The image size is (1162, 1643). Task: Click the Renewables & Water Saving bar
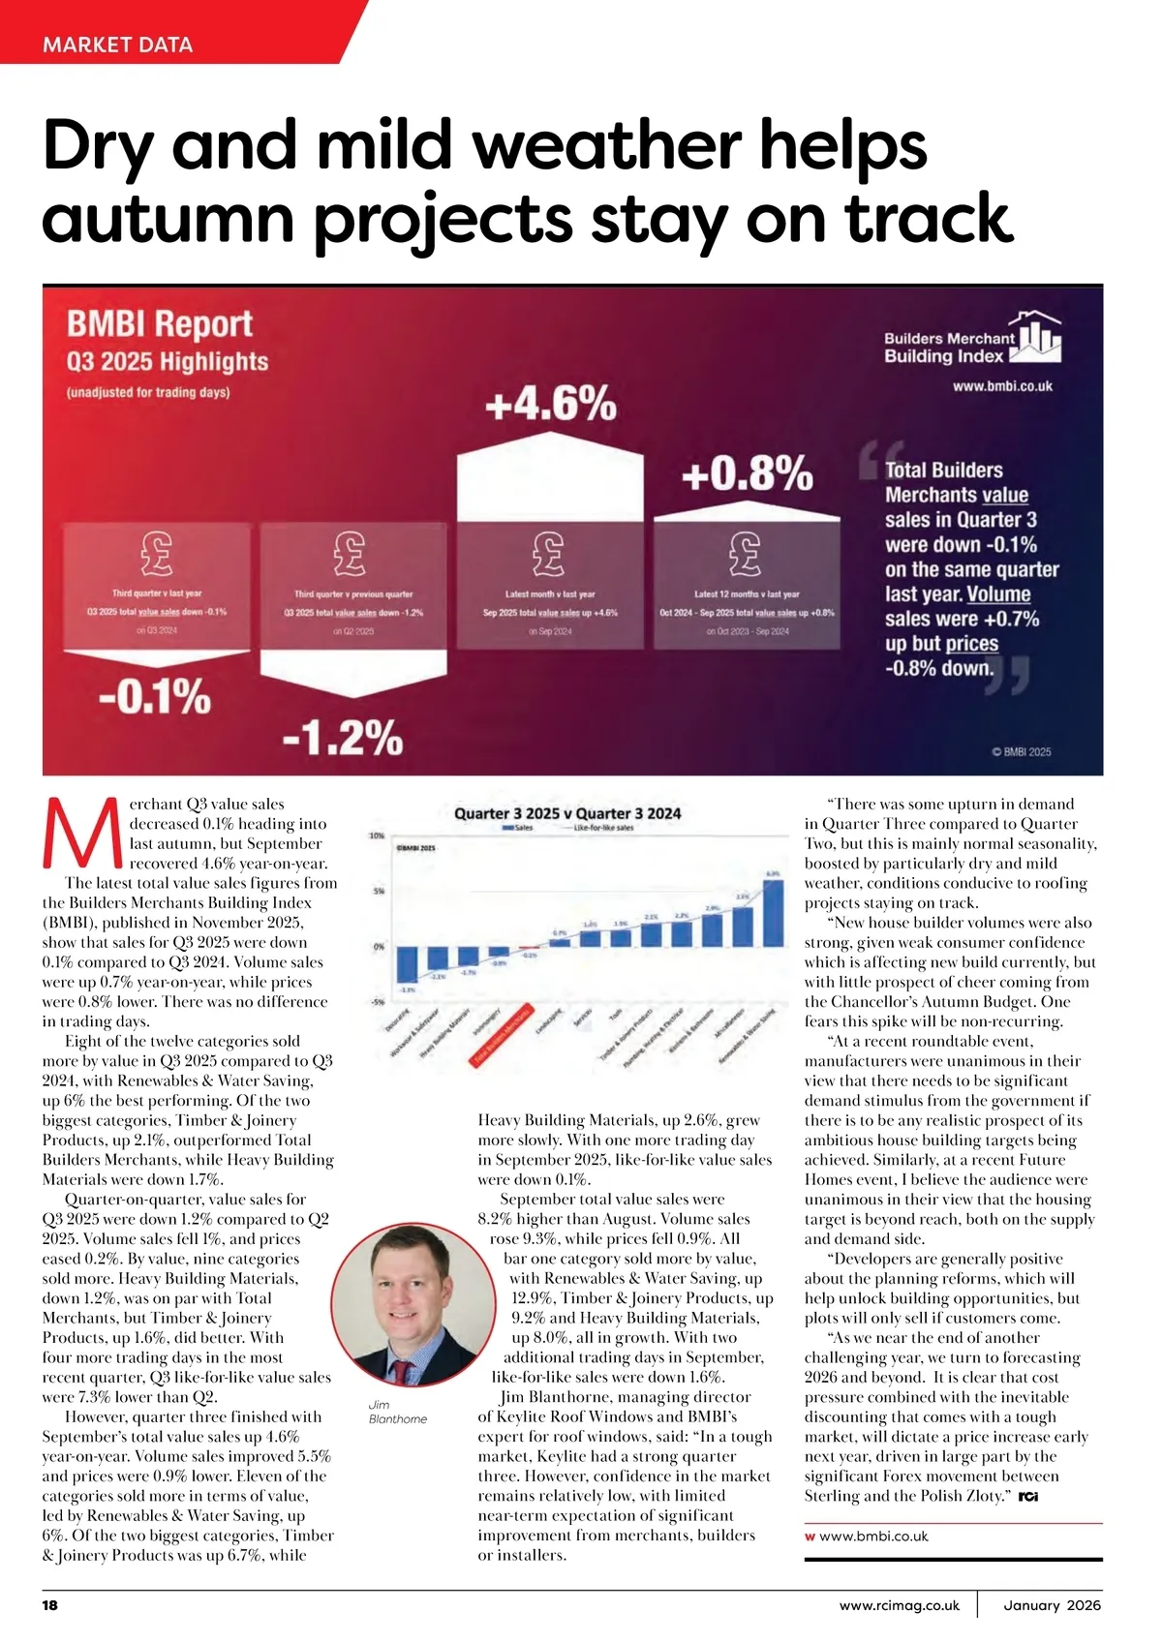[773, 912]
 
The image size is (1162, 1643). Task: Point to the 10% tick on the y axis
[377, 835]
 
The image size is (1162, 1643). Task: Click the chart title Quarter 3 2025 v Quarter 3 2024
[567, 813]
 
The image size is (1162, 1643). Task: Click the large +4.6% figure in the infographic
[550, 403]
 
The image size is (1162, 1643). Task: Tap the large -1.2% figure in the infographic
[343, 738]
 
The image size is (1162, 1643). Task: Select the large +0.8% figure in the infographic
[747, 474]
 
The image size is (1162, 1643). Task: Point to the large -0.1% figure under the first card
[155, 696]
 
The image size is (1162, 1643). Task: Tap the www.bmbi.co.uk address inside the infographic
[1002, 386]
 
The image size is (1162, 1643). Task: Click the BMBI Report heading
[160, 323]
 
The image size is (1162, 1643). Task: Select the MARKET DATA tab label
[117, 45]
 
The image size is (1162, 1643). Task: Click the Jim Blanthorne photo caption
[397, 1412]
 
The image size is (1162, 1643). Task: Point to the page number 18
[50, 1605]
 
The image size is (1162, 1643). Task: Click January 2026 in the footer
[1052, 1605]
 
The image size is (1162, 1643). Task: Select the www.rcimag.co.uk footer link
[900, 1605]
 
